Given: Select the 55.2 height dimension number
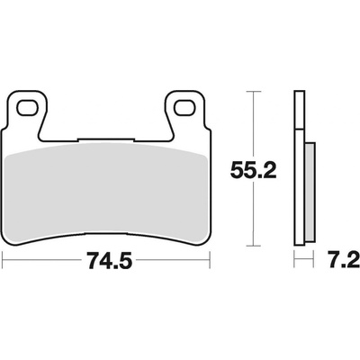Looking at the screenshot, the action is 253,171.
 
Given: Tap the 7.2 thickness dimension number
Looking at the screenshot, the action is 344,260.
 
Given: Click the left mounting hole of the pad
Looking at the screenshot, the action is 28,108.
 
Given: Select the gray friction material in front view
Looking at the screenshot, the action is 107,192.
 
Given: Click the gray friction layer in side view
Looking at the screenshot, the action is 310,192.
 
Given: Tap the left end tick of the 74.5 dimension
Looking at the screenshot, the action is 3,260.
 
